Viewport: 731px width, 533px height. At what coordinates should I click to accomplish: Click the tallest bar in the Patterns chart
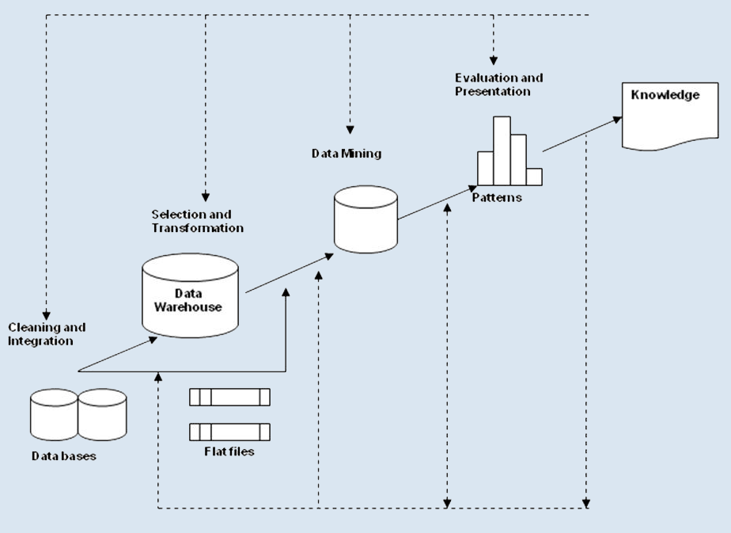point(502,150)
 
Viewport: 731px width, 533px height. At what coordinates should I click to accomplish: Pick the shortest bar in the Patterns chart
point(534,176)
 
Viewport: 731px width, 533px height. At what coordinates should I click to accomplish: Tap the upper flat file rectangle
point(229,397)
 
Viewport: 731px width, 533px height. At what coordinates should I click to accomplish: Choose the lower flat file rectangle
point(229,432)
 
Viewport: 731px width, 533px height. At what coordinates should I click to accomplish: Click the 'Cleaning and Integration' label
point(47,334)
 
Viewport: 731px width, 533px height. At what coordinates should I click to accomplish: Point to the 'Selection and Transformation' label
point(197,221)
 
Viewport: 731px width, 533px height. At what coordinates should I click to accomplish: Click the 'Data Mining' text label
point(346,154)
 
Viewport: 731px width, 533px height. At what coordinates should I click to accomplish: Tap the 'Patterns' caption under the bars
point(497,197)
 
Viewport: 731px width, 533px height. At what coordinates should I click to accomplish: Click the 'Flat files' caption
point(229,452)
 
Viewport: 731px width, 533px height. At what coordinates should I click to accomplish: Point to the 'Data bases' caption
point(64,456)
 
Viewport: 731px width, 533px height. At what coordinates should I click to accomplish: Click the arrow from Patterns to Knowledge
point(581,134)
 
